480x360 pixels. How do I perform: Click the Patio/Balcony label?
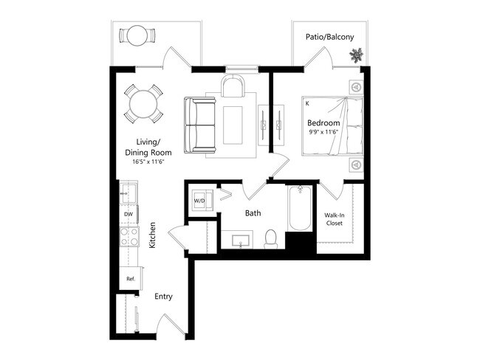point(329,37)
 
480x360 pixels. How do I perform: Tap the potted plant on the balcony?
point(356,55)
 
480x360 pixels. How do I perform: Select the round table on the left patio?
point(138,35)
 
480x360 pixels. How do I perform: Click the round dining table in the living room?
point(143,104)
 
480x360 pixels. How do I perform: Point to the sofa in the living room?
point(200,125)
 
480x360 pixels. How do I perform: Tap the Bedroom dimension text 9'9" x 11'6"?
point(324,134)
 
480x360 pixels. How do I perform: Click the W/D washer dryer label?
point(199,200)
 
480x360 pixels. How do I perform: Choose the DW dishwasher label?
point(128,215)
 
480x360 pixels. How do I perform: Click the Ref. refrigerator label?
point(130,279)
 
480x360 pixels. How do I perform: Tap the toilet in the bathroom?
point(270,238)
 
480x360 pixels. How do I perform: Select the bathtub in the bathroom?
point(298,210)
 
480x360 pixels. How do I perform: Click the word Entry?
point(163,297)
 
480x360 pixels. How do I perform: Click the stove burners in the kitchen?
point(129,237)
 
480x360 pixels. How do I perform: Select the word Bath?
point(253,214)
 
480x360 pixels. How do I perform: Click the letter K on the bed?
point(306,104)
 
